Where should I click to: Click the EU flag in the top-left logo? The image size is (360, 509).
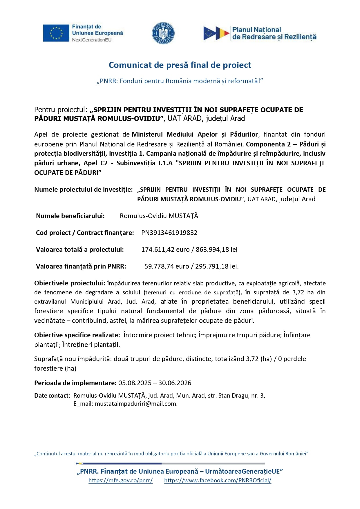coord(56,33)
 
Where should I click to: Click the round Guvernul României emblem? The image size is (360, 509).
coord(163,33)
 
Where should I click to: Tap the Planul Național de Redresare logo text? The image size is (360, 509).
coord(274,33)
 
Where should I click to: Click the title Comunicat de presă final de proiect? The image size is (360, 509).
coord(180,65)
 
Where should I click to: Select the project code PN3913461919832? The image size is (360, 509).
coord(169,233)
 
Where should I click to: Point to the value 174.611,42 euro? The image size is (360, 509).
coord(165,249)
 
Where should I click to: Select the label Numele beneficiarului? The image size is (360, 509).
coord(70,216)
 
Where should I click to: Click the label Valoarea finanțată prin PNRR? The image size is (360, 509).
coord(81,266)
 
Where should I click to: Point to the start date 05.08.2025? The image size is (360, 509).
coord(135,383)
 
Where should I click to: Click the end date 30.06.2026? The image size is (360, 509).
coord(175,383)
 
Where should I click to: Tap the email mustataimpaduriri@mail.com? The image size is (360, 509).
coord(136,404)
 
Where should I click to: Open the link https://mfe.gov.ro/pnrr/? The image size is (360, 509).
coord(120,480)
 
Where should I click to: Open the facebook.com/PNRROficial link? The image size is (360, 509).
coord(218,480)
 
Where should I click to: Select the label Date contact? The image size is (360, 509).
coord(52,396)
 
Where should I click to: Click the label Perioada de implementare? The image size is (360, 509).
coord(75,383)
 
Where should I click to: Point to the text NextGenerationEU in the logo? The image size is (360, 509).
coord(92,40)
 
